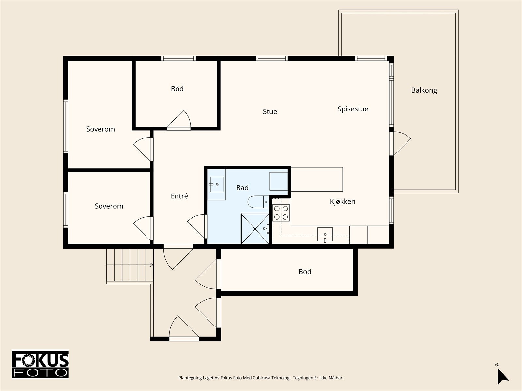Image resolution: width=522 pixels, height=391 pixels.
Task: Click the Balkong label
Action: (424, 91)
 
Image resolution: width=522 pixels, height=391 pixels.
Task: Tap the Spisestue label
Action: (353, 109)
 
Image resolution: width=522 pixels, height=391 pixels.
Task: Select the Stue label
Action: (270, 111)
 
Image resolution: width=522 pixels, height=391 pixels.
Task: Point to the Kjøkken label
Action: (343, 201)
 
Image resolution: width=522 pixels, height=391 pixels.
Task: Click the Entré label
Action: (179, 196)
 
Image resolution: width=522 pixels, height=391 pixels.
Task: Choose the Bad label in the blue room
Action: (242, 188)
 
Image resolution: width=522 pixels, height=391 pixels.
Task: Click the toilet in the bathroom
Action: (258, 202)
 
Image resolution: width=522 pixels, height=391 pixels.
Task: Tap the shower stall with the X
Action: (255, 229)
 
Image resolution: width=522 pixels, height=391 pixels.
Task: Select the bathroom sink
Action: (217, 184)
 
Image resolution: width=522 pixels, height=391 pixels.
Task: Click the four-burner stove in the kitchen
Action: (281, 213)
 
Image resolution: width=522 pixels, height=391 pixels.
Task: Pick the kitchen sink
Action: (325, 235)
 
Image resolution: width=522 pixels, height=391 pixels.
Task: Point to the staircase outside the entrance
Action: (130, 265)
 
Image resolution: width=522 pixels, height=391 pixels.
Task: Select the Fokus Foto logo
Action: (40, 365)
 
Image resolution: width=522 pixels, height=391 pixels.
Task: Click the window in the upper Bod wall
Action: (178, 58)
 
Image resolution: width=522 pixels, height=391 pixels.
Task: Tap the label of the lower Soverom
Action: (109, 206)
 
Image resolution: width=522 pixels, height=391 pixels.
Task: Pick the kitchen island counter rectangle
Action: (317, 179)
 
